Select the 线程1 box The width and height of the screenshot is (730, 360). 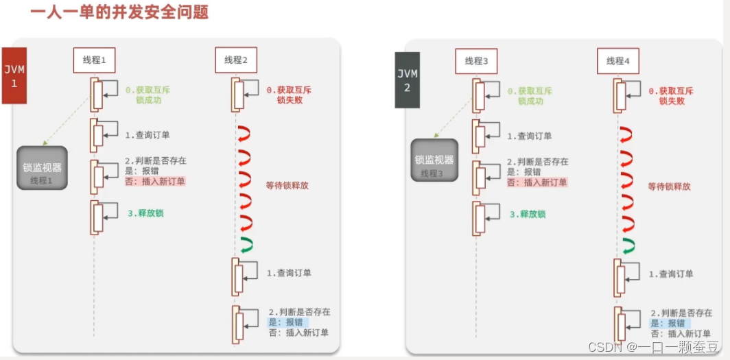(x=94, y=60)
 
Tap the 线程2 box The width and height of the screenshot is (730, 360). (x=235, y=60)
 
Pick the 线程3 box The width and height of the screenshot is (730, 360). (x=475, y=61)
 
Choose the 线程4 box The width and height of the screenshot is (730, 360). (x=617, y=61)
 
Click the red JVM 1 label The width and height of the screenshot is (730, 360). (x=14, y=75)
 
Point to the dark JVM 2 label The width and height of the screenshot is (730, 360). (x=407, y=79)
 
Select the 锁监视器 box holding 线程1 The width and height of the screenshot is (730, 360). (x=42, y=168)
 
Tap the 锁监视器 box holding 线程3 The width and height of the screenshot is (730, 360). (x=434, y=160)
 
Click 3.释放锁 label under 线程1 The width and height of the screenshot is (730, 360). (x=145, y=213)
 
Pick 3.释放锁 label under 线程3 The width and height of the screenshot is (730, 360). (x=527, y=214)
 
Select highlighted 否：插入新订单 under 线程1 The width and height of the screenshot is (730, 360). (x=155, y=182)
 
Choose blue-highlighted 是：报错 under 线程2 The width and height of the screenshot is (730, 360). (x=287, y=322)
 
